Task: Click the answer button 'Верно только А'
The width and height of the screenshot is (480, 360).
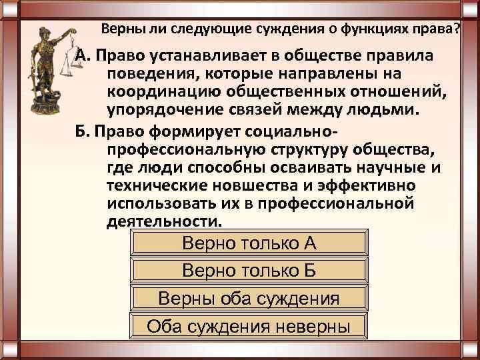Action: (249, 243)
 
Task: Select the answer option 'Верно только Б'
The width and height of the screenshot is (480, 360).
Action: (249, 270)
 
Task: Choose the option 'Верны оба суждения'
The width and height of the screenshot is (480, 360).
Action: (249, 297)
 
